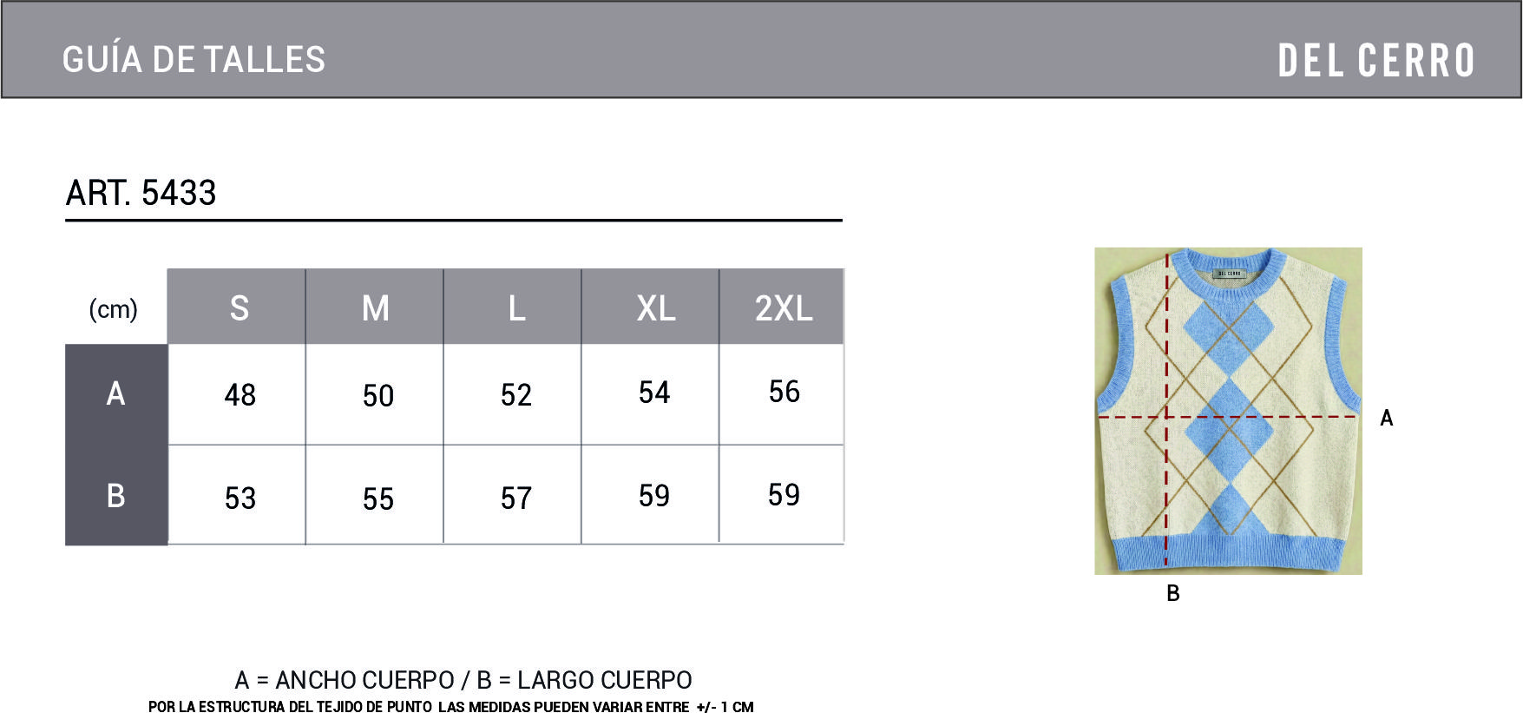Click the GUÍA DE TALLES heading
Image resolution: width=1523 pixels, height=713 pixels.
194,60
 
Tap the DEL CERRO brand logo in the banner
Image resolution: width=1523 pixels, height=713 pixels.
1376,61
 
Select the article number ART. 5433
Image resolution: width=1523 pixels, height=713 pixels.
141,193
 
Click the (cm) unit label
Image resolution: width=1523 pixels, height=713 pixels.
114,309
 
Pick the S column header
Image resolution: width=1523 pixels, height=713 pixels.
240,308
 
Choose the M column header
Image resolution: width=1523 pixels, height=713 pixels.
376,308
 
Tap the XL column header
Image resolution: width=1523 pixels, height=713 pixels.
656,308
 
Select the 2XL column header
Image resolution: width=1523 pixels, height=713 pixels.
784,308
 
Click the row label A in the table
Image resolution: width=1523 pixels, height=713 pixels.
115,393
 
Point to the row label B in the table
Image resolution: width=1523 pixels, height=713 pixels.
115,495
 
